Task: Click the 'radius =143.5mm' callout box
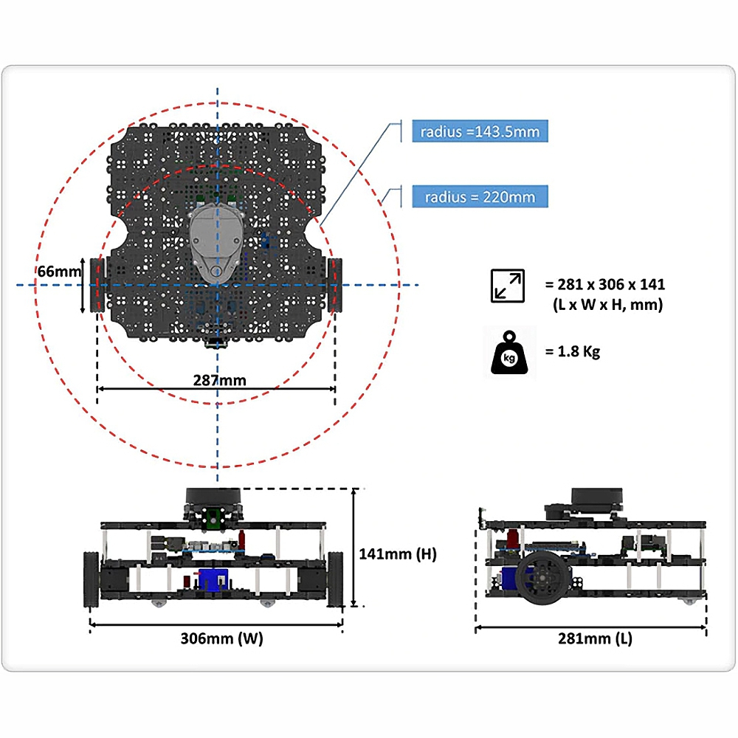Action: pos(480,132)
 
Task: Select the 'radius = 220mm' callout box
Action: pos(480,197)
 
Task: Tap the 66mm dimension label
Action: pos(59,272)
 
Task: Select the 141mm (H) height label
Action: pos(398,553)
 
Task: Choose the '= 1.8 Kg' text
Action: pos(573,351)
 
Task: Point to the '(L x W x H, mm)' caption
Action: pos(607,304)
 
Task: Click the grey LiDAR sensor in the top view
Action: pos(215,240)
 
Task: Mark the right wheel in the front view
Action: pos(337,579)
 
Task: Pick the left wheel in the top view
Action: pos(97,285)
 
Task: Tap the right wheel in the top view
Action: pos(337,285)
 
